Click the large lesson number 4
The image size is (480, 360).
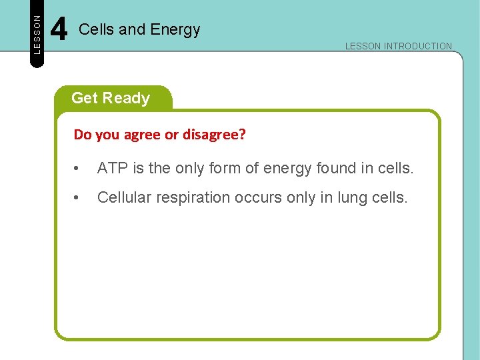coord(59,30)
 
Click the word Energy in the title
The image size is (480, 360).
coord(175,30)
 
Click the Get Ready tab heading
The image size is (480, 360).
coord(111,98)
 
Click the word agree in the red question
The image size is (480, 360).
coord(142,135)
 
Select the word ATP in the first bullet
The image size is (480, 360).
coord(111,169)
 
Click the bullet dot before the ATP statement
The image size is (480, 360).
coord(77,169)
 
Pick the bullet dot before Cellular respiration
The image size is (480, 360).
coord(77,198)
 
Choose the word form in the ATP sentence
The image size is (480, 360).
coord(226,169)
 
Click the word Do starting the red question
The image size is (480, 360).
coord(83,135)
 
